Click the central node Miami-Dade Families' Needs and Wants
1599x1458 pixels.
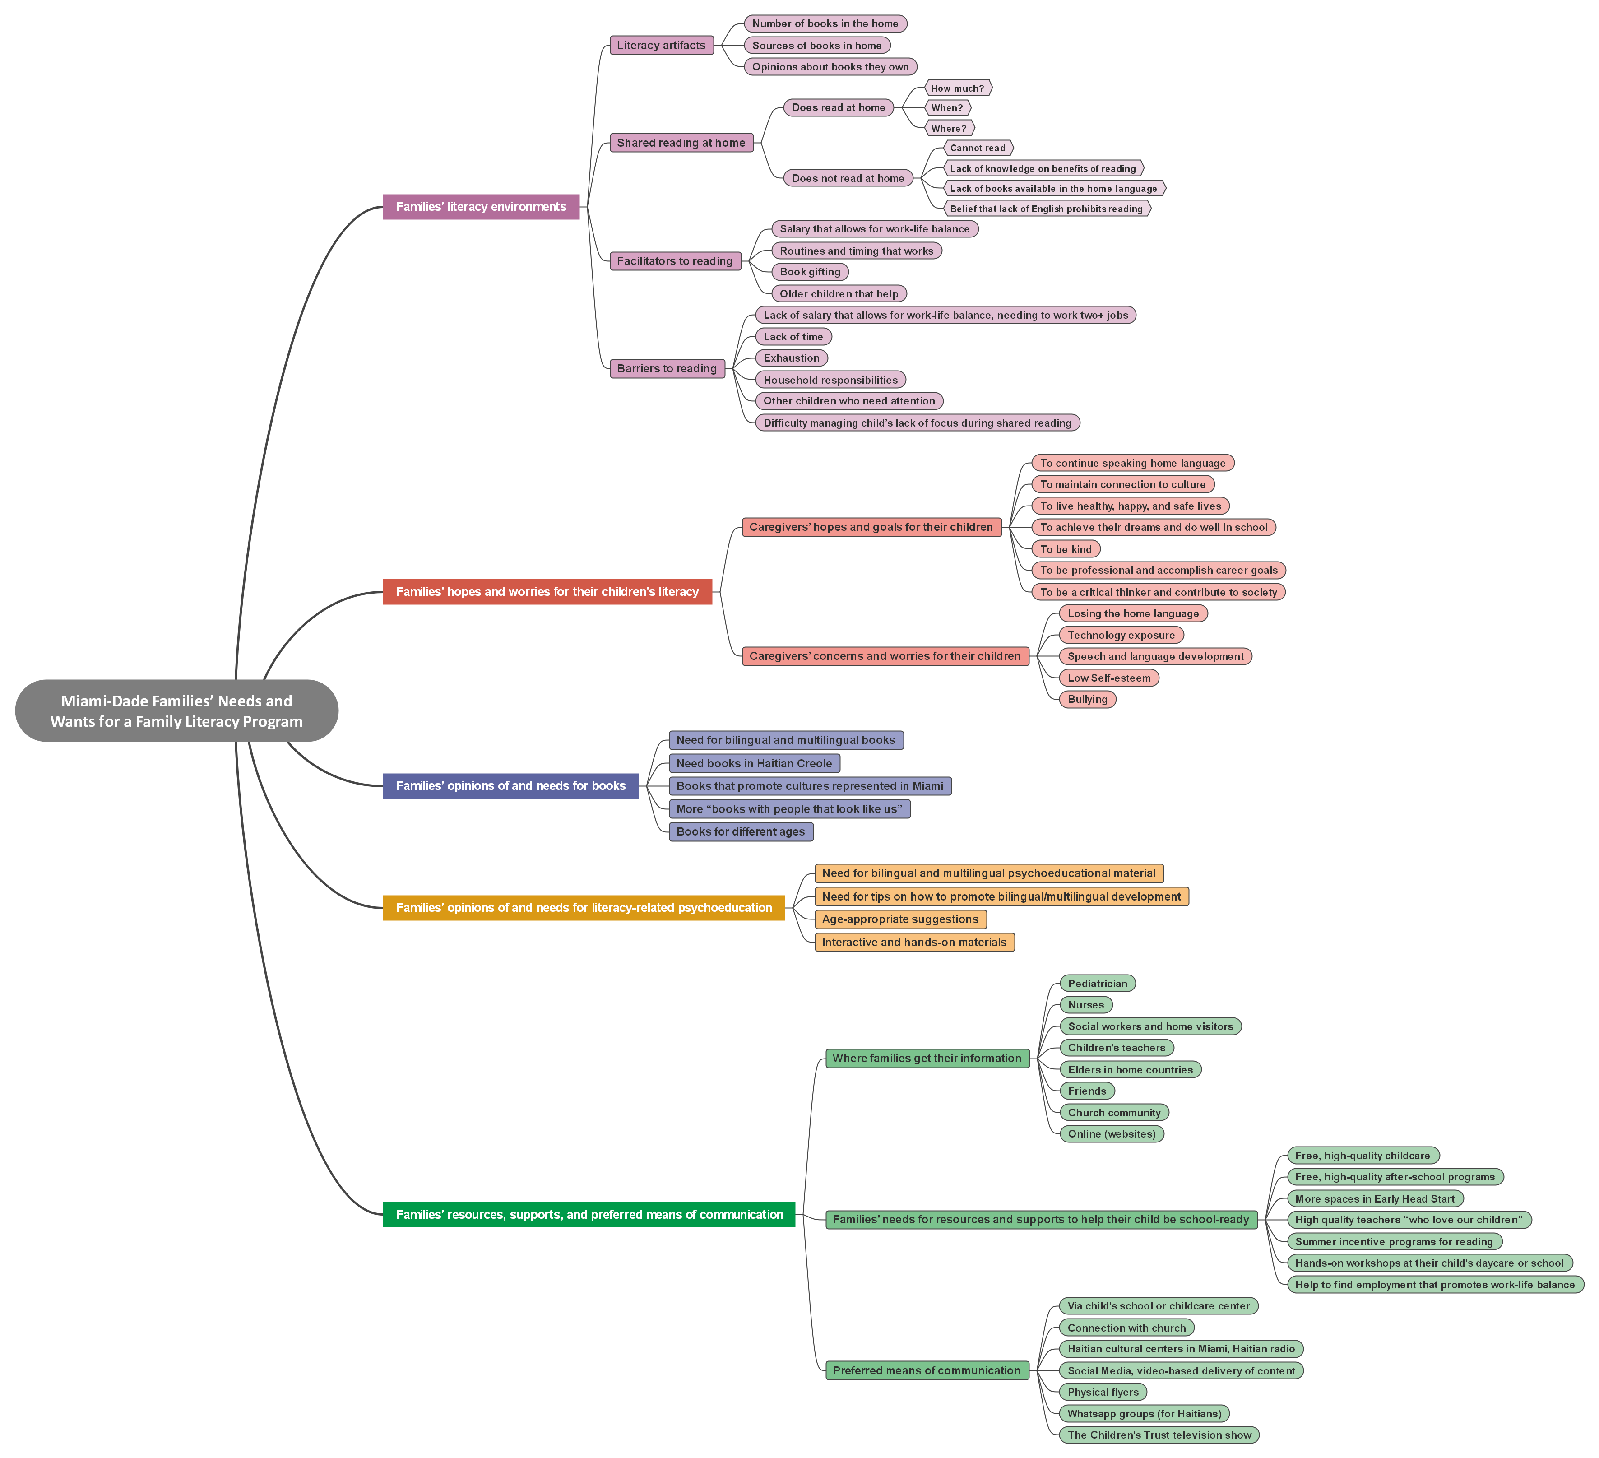[176, 711]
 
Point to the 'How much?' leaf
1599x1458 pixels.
[957, 88]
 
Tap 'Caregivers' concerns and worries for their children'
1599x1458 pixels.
[885, 656]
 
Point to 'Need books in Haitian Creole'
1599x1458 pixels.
[754, 763]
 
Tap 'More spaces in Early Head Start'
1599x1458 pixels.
[1375, 1198]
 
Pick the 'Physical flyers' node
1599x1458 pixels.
[1103, 1392]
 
